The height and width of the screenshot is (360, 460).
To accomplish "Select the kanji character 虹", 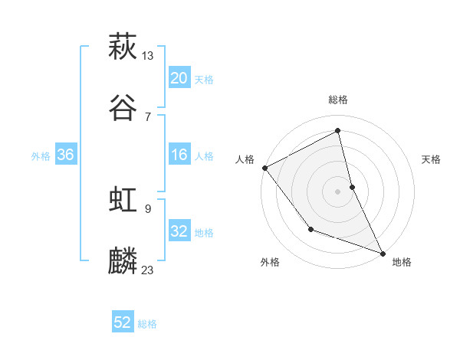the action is [123, 200].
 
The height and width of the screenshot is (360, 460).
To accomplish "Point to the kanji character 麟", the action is [123, 261].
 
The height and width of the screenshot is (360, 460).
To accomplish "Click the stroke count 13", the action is [148, 55].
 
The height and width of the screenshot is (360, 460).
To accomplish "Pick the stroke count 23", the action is [148, 270].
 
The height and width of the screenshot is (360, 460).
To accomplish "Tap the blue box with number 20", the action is [179, 78].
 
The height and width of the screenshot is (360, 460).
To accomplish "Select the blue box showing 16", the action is [179, 155].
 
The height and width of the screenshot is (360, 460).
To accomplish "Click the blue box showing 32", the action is [179, 231].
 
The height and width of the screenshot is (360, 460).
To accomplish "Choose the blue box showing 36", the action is [65, 155].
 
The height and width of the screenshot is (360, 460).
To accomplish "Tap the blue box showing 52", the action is [123, 322].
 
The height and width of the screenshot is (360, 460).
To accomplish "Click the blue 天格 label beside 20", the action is [204, 80].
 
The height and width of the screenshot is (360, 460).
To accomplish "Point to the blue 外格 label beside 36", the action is [41, 156].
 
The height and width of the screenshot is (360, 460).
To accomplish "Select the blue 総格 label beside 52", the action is [147, 324].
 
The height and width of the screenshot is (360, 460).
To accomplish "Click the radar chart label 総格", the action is [338, 100].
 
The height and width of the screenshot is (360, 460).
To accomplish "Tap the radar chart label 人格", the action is [245, 159].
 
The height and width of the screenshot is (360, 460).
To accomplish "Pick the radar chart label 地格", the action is [402, 262].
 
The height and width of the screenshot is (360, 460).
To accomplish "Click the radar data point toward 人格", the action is [264, 167].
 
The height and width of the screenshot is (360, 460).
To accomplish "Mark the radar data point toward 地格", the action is [382, 252].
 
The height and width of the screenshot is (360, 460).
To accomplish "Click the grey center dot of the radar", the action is [338, 191].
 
